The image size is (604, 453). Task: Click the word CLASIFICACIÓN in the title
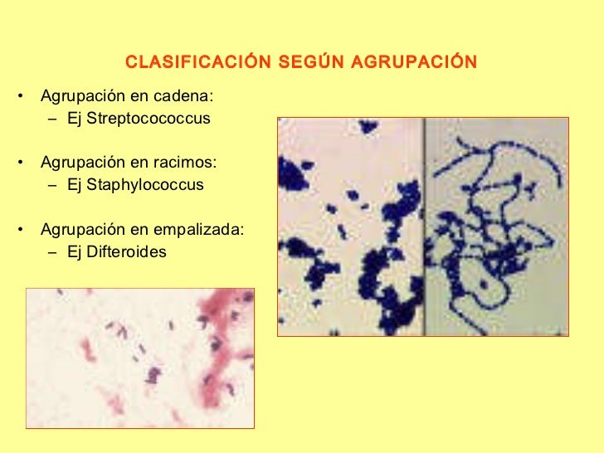click(x=187, y=63)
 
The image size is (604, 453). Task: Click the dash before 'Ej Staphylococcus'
click(x=52, y=185)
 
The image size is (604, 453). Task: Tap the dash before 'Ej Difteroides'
click(x=52, y=251)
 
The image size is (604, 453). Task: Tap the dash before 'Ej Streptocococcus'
click(x=52, y=119)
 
